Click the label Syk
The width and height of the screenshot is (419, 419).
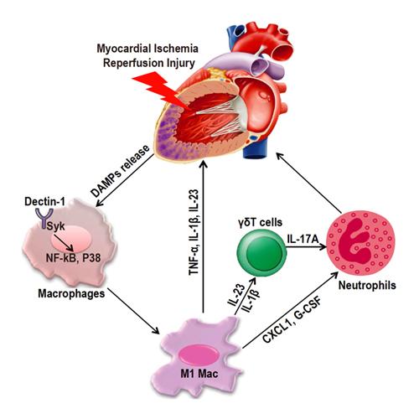click(x=56, y=226)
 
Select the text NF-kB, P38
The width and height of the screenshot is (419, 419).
click(x=73, y=258)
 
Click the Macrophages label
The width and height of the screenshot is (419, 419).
click(x=71, y=293)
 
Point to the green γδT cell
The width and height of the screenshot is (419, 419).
click(x=262, y=252)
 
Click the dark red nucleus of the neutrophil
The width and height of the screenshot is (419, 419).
click(x=354, y=241)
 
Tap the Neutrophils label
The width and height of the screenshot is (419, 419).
click(x=367, y=285)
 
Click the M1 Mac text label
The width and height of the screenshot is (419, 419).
click(x=199, y=374)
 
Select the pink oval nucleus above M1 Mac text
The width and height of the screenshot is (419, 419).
click(x=199, y=354)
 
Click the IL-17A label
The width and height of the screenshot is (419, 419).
click(x=303, y=239)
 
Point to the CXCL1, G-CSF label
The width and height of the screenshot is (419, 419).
click(x=292, y=320)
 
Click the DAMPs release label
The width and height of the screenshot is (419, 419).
click(x=121, y=171)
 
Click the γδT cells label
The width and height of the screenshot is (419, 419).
click(x=261, y=222)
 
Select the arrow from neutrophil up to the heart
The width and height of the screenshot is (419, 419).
click(x=309, y=183)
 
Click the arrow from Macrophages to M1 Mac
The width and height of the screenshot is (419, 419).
click(x=133, y=311)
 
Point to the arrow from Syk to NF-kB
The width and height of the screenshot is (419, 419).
click(x=64, y=243)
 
